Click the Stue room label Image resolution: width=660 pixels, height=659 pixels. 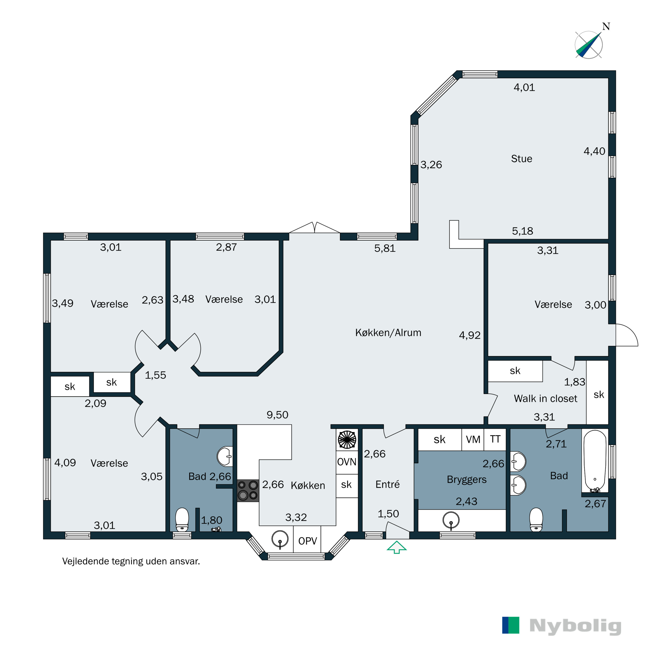point(521,159)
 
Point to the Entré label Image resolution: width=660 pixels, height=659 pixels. point(387,484)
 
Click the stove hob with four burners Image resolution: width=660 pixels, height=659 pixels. point(248,491)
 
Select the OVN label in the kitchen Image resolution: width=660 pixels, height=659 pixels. point(346,462)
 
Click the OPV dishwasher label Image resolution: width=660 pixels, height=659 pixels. point(308,541)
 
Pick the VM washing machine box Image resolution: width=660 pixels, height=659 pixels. point(473,439)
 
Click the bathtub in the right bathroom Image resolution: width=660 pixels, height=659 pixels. point(595,461)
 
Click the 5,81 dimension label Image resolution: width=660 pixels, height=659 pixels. point(385,248)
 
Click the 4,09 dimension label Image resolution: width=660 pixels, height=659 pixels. point(65,463)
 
